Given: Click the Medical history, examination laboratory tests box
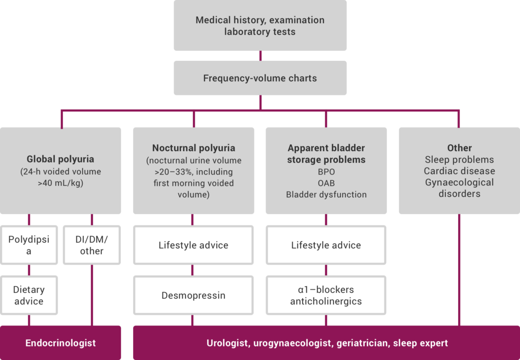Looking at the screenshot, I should (260, 26).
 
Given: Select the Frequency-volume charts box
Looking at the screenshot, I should (260, 78).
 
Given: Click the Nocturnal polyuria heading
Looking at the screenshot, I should (193, 148).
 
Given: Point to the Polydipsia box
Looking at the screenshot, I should (29, 245).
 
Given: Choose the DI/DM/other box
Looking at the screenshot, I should (91, 245).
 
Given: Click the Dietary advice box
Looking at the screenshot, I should (29, 295).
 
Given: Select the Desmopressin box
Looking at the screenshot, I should (193, 295).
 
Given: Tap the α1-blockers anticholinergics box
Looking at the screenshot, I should (326, 295).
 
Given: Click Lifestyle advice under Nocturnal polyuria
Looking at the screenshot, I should (193, 245).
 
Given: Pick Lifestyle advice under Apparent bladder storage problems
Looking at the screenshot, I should (326, 245).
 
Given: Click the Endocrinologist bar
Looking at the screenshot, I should (60, 343).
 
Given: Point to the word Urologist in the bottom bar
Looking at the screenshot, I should (227, 343).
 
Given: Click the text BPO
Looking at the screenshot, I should (326, 172).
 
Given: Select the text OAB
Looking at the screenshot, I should (326, 183).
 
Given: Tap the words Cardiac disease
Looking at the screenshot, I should (459, 171).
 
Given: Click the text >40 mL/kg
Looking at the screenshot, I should (60, 183).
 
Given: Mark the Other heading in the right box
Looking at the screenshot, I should (459, 148).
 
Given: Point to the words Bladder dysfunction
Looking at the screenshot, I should (326, 194).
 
